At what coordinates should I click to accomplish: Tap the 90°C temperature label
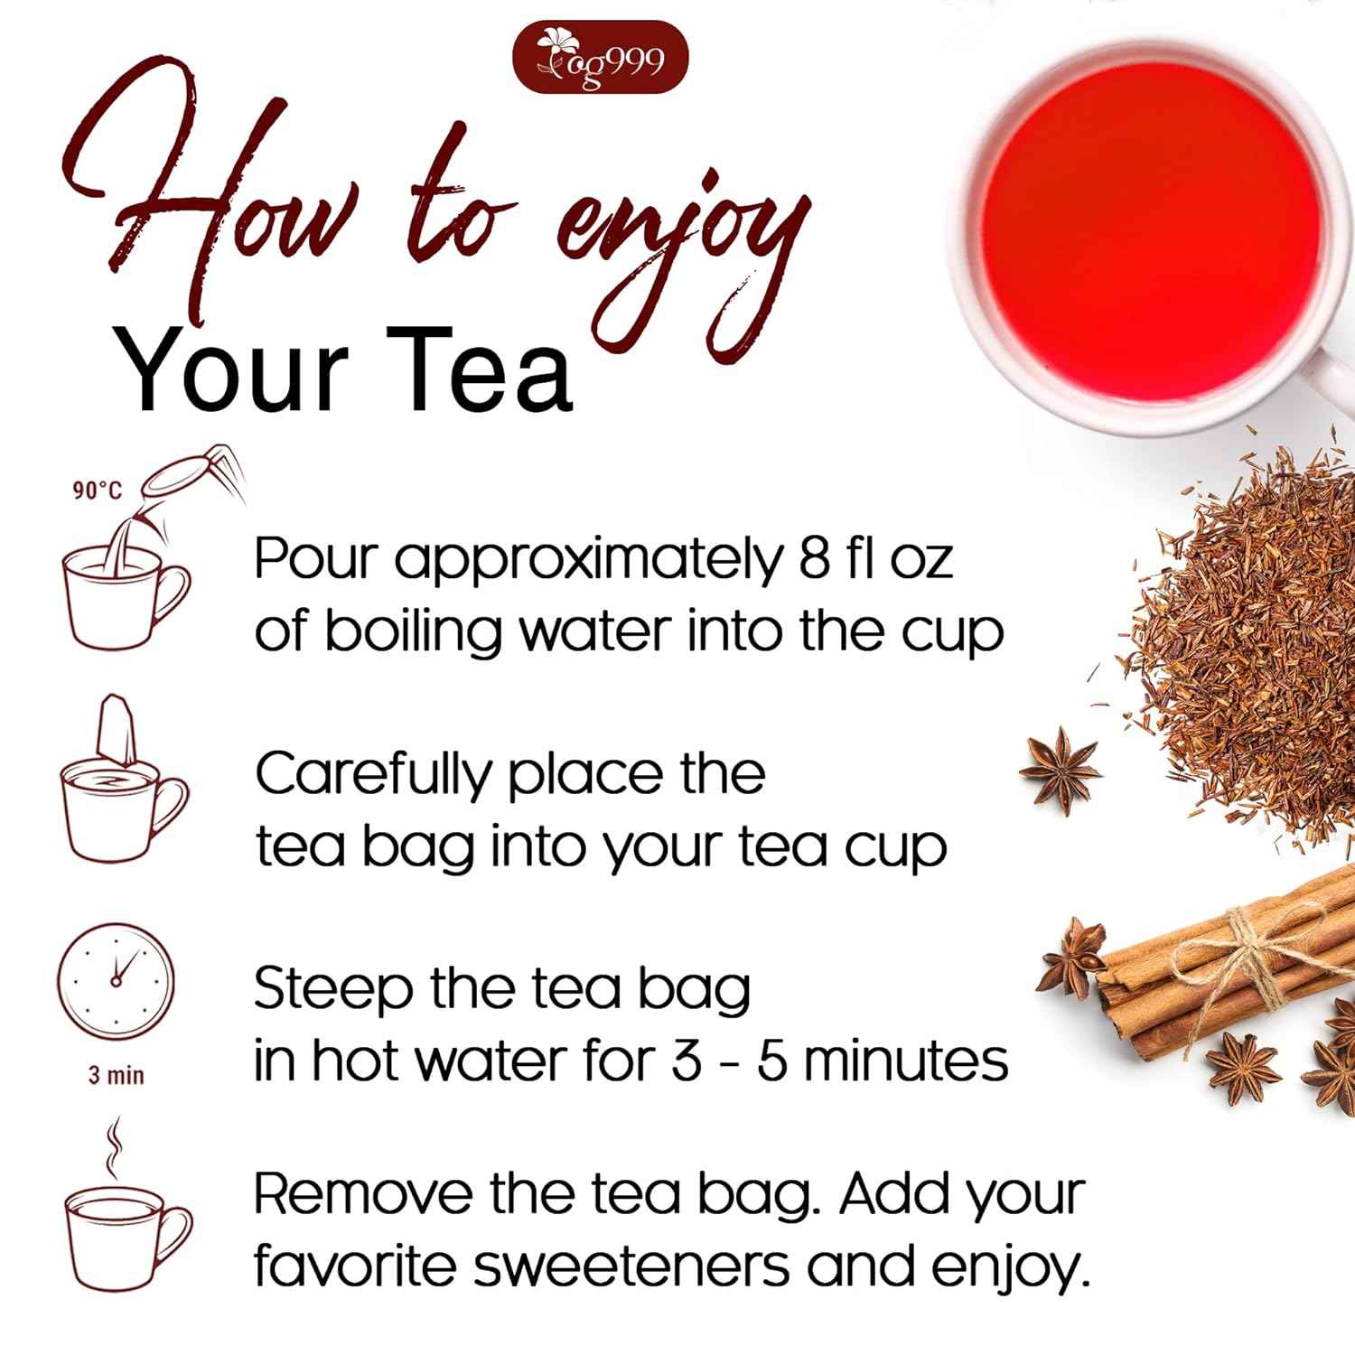tap(97, 491)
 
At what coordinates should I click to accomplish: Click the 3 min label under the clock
tap(116, 1076)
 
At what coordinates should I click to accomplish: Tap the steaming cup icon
tap(127, 1237)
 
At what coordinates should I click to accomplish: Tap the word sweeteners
tap(632, 1266)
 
